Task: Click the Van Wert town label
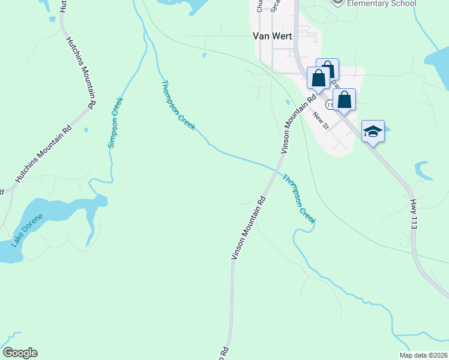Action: coord(271,36)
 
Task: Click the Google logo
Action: coord(20,353)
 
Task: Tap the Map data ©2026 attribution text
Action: coord(423,355)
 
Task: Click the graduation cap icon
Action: coord(373,131)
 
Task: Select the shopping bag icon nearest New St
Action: coord(344,100)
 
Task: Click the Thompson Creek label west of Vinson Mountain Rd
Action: coord(178,106)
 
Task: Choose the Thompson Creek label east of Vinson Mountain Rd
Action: coord(299,199)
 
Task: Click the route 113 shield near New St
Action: coord(330,105)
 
